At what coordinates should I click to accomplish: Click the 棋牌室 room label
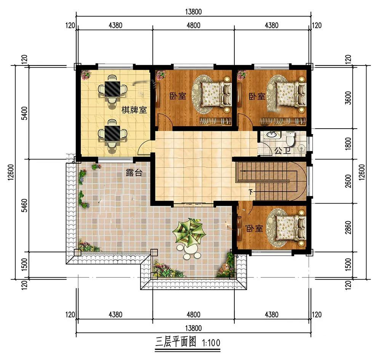[x=134, y=110]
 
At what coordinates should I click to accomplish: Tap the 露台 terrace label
[x=134, y=173]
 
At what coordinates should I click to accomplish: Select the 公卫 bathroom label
[x=283, y=151]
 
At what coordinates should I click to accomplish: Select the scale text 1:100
[x=211, y=343]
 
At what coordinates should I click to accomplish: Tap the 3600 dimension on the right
[x=348, y=98]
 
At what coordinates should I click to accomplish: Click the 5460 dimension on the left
[x=24, y=205]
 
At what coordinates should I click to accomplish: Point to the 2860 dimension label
[x=348, y=228]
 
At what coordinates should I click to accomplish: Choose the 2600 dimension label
[x=348, y=181]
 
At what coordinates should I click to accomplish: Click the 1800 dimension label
[x=348, y=144]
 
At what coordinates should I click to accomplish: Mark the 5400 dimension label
[x=24, y=113]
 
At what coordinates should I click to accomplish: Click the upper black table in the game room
[x=112, y=89]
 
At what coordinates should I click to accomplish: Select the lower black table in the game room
[x=112, y=133]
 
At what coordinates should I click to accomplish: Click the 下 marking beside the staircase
[x=251, y=192]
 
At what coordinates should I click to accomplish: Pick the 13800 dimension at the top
[x=194, y=12]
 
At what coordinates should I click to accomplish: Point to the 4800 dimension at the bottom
[x=194, y=315]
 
